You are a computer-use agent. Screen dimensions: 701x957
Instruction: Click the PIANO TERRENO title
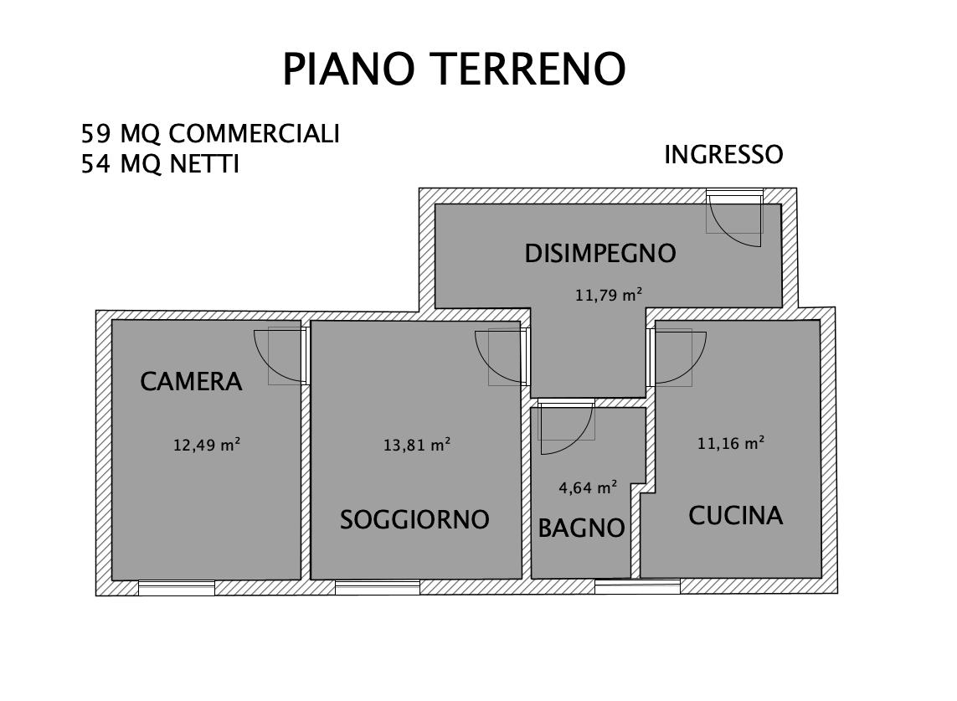(454, 70)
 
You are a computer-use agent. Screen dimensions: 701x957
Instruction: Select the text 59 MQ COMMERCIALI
(210, 134)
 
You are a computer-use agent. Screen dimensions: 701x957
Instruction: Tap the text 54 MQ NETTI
(160, 165)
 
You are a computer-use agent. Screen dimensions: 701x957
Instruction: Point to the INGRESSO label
(723, 155)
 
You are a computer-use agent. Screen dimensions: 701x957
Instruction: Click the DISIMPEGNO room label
(599, 253)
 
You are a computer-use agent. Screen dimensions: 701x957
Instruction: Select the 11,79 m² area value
(608, 295)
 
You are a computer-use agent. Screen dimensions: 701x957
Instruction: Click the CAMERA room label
(191, 382)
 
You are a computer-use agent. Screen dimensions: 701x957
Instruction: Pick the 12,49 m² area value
(207, 446)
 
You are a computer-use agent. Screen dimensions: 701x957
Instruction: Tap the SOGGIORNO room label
(414, 520)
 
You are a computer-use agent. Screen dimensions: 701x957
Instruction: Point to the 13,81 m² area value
(417, 446)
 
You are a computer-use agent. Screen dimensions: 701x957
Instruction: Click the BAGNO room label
(581, 528)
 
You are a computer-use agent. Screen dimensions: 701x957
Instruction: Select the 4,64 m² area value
(588, 487)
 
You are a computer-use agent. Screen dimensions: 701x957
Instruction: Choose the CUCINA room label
(736, 516)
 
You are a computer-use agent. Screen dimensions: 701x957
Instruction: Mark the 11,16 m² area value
(730, 444)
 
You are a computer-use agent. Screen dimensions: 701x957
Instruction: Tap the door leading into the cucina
(675, 357)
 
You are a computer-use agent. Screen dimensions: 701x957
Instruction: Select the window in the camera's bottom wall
(176, 588)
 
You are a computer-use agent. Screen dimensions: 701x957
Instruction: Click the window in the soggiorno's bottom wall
(377, 588)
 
